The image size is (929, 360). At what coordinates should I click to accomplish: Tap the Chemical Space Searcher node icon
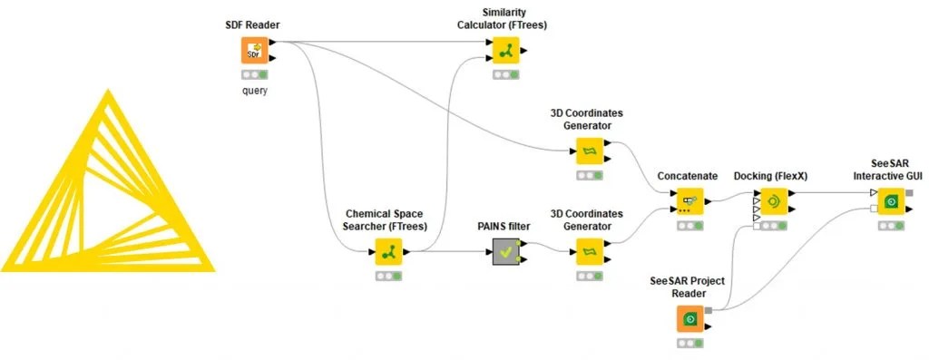point(388,251)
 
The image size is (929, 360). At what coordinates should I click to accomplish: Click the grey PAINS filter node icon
point(506,251)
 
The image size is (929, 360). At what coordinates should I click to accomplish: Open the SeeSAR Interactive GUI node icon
point(890,200)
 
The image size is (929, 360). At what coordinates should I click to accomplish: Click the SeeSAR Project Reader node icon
point(689,319)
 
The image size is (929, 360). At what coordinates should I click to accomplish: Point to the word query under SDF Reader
point(253,91)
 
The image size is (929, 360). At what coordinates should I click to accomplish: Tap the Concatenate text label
point(689,175)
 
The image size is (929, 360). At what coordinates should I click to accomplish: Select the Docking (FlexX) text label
point(773,175)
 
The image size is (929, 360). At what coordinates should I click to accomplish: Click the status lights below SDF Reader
point(253,75)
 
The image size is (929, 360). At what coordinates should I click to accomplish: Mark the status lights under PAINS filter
point(506,276)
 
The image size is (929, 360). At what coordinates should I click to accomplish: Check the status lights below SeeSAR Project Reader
point(689,344)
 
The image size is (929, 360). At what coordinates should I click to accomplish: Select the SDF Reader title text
point(253,24)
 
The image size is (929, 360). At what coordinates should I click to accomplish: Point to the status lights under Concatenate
point(689,225)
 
